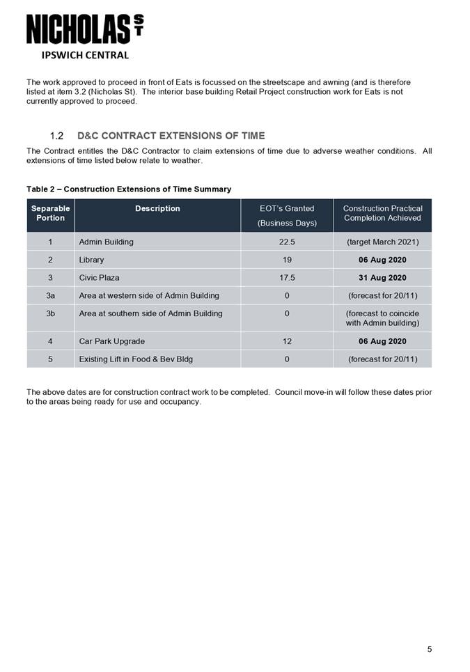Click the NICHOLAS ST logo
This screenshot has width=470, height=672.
pos(85,30)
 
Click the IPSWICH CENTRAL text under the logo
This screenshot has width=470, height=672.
pos(85,55)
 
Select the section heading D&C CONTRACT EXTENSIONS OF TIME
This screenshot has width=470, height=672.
pos(171,135)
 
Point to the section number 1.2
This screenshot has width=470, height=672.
pos(57,135)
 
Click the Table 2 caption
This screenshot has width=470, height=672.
pos(129,189)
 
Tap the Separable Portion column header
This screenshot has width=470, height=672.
pos(51,213)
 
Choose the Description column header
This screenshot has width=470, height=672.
pos(157,208)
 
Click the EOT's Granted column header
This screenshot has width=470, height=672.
pos(287,208)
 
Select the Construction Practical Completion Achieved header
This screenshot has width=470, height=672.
pos(382,213)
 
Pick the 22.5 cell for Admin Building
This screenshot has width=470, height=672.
pos(287,242)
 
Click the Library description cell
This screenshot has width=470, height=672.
pos(92,260)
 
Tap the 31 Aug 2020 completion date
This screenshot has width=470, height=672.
pos(382,278)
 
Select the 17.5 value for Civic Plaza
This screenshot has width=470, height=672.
pos(287,278)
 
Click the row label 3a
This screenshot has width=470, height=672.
pos(51,295)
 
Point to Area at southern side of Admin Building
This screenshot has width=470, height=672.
pos(151,313)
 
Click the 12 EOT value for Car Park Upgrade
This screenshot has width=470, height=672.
pos(287,341)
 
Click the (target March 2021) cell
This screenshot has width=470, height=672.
pos(382,242)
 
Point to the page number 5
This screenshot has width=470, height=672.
pos(430,650)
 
